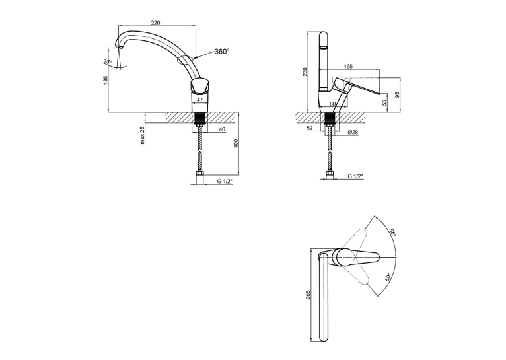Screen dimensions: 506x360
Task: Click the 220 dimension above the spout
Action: (155, 22)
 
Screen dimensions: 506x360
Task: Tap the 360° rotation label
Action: (223, 52)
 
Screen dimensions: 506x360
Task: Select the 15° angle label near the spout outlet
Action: (108, 61)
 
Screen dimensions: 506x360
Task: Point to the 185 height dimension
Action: (105, 79)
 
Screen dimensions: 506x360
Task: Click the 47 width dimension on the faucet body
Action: (200, 100)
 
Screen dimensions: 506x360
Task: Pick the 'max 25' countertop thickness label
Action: (143, 135)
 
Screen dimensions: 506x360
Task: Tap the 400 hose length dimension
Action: (236, 144)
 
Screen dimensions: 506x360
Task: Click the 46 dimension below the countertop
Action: (222, 129)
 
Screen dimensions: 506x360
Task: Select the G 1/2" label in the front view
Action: (225, 182)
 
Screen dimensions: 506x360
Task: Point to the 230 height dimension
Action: (305, 71)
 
